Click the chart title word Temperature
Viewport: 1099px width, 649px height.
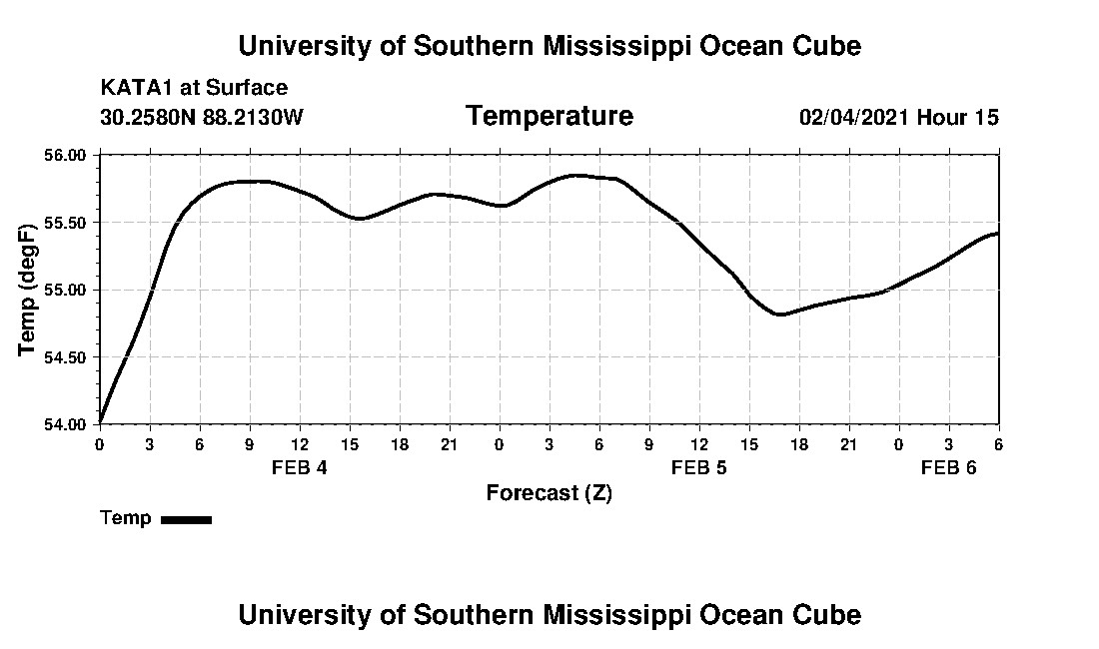click(x=549, y=117)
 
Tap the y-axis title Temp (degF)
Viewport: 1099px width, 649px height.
click(x=28, y=289)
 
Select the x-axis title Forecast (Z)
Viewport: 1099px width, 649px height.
click(x=549, y=493)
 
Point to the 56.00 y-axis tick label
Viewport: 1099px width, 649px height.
click(x=66, y=155)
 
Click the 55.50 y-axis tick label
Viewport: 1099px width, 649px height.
click(x=66, y=222)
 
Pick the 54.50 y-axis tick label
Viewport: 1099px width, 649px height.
click(x=66, y=356)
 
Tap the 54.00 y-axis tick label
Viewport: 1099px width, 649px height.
click(x=66, y=423)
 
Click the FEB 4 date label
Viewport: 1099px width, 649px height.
click(x=299, y=468)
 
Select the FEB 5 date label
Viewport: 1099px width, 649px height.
click(x=698, y=468)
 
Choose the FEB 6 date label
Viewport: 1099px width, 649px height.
click(x=948, y=468)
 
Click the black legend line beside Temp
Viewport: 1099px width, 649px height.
click(x=186, y=519)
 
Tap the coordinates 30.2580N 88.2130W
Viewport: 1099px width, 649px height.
click(x=201, y=118)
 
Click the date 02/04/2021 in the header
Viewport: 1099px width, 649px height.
click(x=854, y=118)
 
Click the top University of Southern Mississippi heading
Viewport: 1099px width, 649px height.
click(x=549, y=46)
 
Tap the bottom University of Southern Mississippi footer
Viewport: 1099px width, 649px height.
click(x=549, y=615)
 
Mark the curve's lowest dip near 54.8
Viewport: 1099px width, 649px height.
click(x=781, y=315)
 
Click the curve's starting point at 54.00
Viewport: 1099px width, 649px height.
click(x=101, y=422)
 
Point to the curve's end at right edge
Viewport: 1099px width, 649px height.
click(x=997, y=234)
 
